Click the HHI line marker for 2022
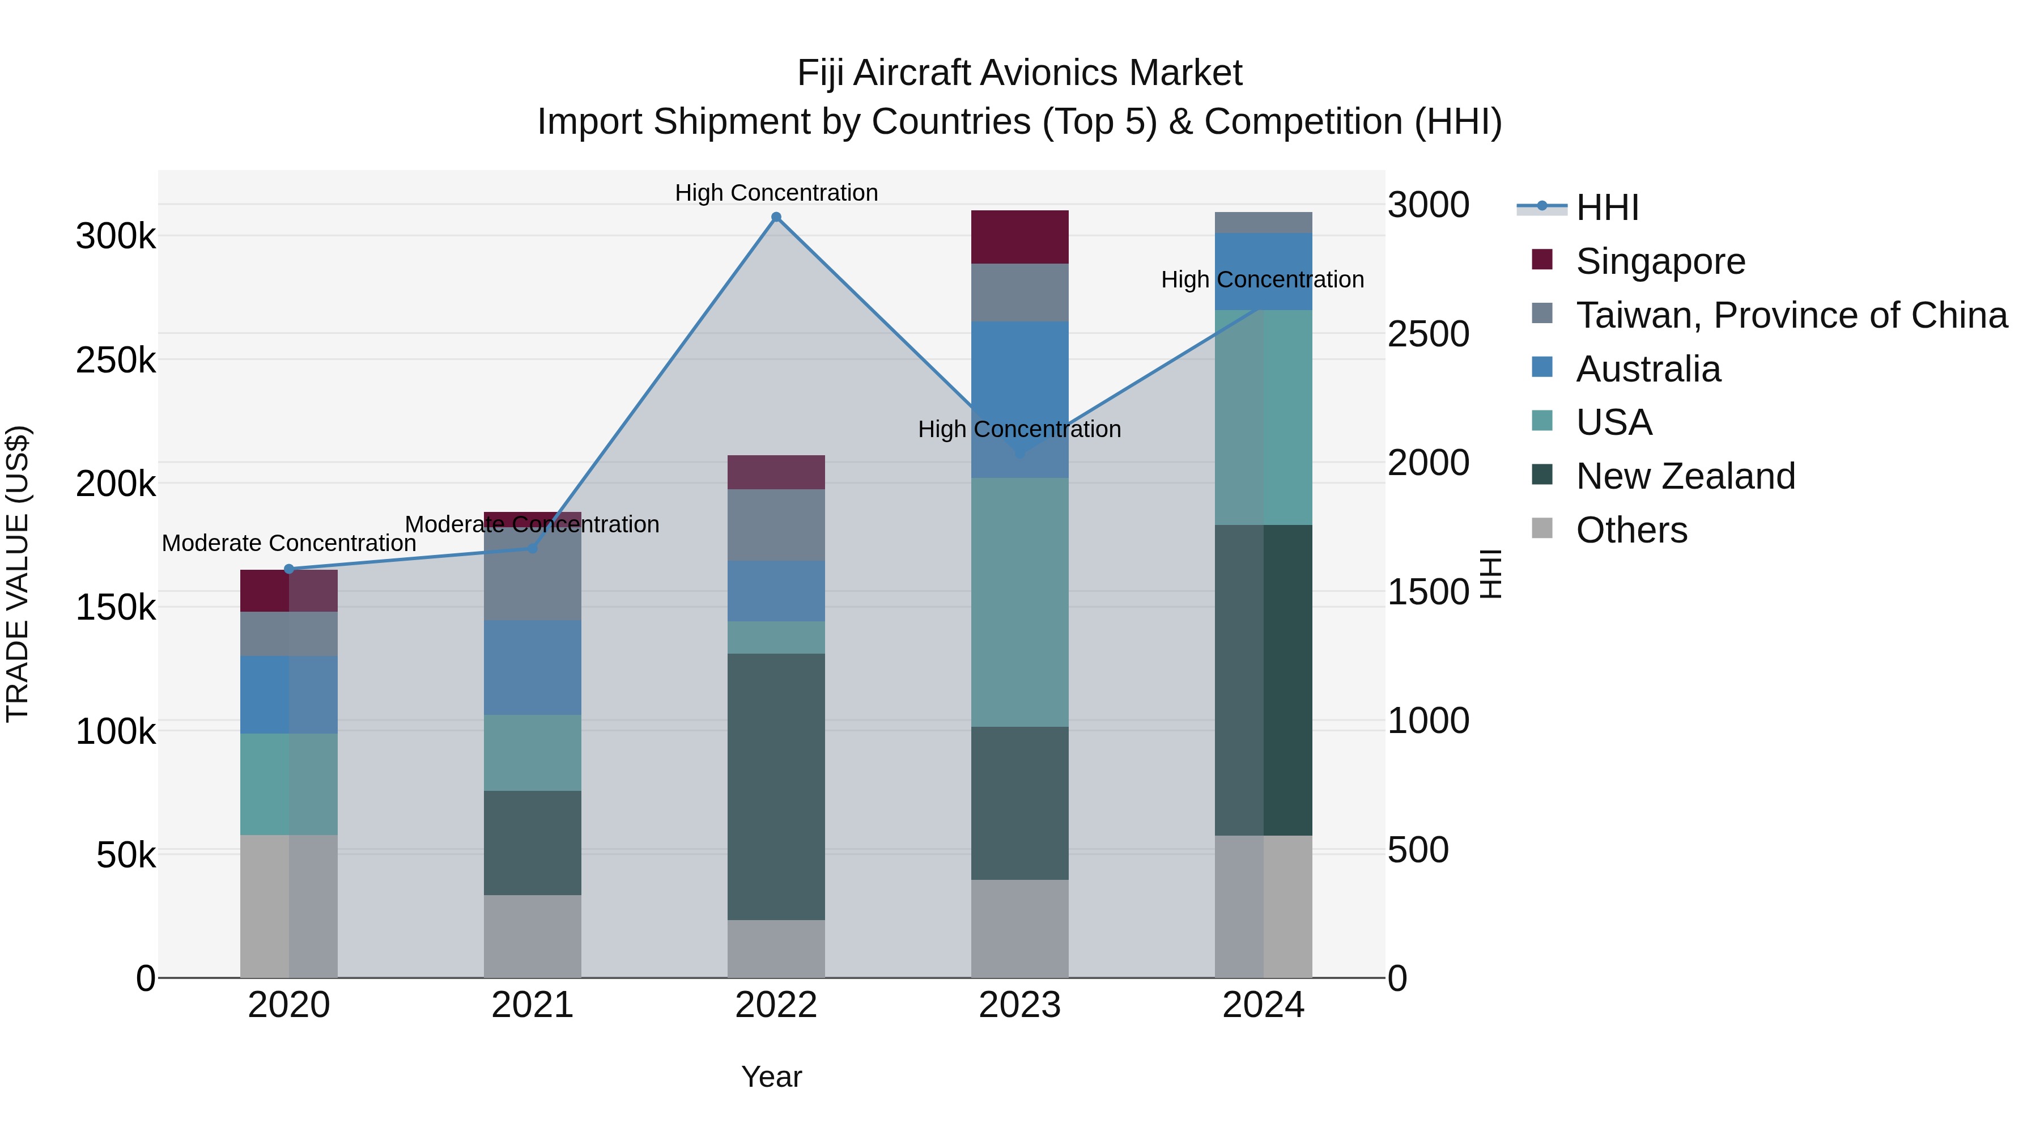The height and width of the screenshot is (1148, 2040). click(x=776, y=217)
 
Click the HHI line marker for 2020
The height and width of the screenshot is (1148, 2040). click(x=289, y=569)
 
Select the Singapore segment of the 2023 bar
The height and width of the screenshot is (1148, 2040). click(x=1019, y=237)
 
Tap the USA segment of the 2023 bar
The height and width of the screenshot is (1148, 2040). click(x=1019, y=602)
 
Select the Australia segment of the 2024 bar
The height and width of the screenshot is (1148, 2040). click(x=1263, y=271)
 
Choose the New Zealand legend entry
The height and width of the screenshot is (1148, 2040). click(x=1685, y=476)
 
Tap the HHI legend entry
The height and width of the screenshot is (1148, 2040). click(x=1607, y=207)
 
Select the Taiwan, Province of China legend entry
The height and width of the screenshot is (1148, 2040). click(x=1791, y=315)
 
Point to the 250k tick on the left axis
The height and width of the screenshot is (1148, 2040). click(x=116, y=361)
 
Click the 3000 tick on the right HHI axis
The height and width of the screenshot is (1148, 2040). click(x=1429, y=205)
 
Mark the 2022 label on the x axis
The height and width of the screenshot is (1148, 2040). click(x=776, y=1005)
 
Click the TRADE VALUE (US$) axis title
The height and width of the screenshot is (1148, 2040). click(x=18, y=574)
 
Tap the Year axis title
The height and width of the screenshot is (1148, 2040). click(x=771, y=1077)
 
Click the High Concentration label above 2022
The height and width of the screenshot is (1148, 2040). click(x=776, y=193)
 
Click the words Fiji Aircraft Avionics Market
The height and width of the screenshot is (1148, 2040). click(x=1019, y=73)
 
